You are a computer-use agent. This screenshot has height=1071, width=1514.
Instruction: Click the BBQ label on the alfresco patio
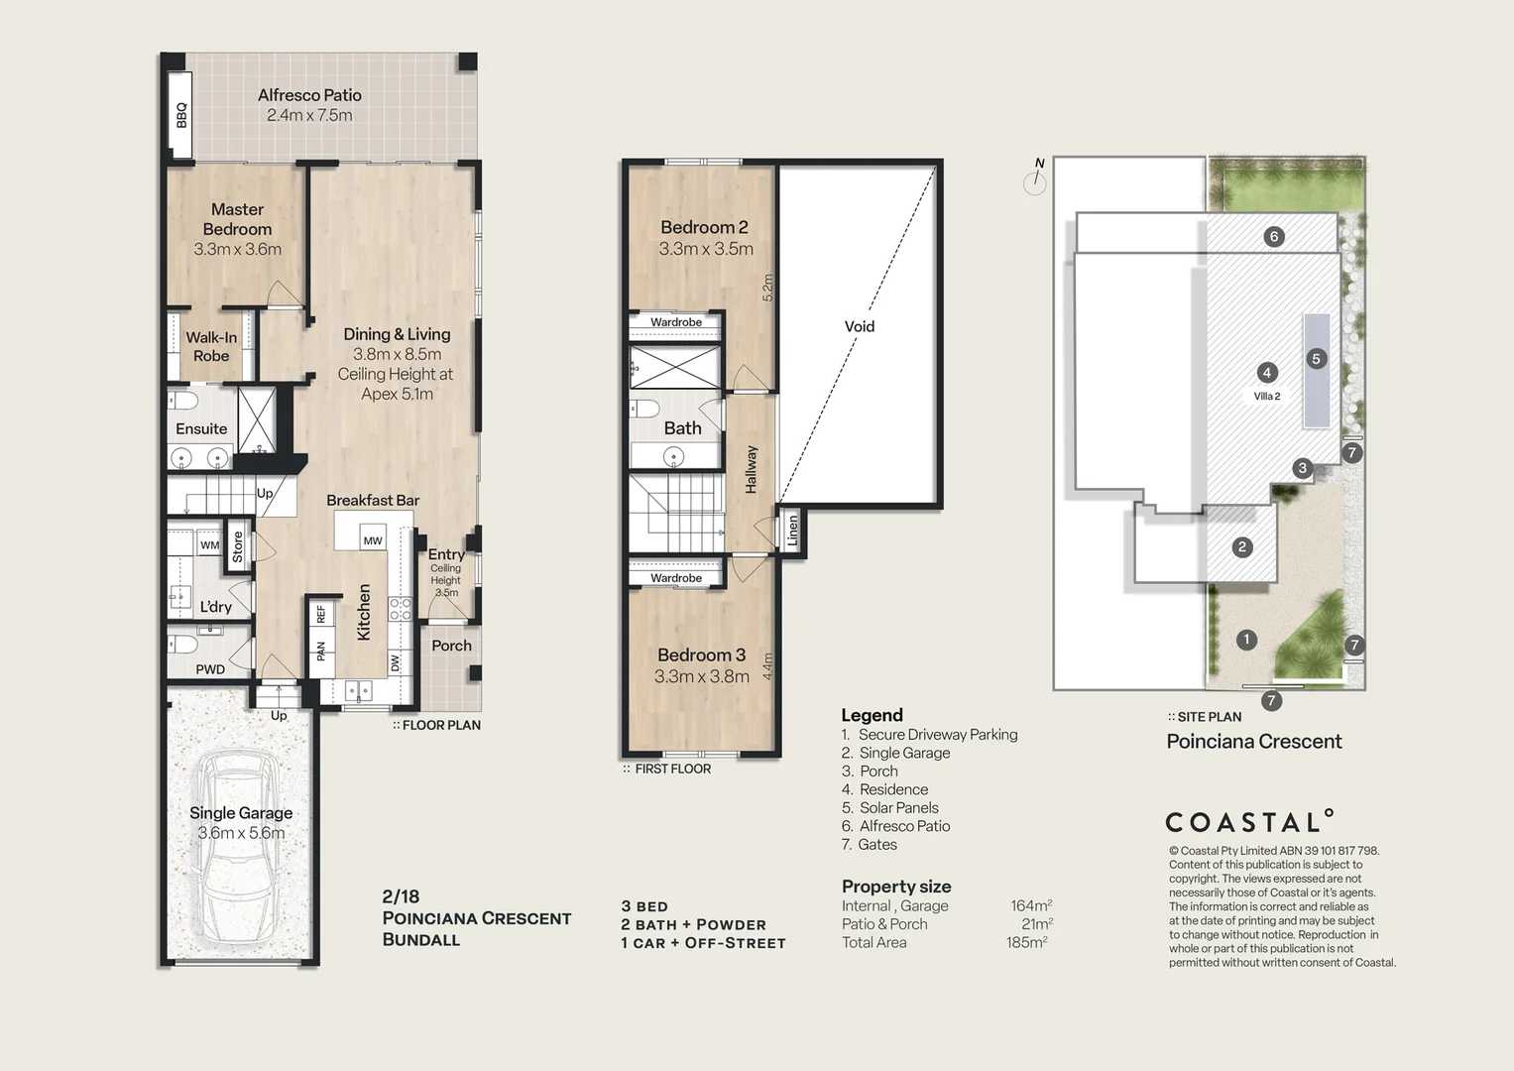pyautogui.click(x=181, y=115)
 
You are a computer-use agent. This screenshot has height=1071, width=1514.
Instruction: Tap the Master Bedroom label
pyautogui.click(x=237, y=219)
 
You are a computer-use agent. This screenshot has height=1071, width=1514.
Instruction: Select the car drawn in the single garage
pyautogui.click(x=237, y=848)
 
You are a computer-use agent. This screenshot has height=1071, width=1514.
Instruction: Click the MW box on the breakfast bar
pyautogui.click(x=373, y=540)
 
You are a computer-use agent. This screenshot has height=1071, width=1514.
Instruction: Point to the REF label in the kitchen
pyautogui.click(x=320, y=615)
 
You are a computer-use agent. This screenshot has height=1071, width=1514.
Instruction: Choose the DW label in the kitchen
pyautogui.click(x=395, y=662)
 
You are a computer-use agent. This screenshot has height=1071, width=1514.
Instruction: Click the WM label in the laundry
pyautogui.click(x=210, y=544)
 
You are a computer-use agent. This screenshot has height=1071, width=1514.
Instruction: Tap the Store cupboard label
pyautogui.click(x=238, y=547)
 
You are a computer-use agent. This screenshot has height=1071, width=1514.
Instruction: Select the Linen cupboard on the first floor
pyautogui.click(x=792, y=533)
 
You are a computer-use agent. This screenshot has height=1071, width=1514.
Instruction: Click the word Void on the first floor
pyautogui.click(x=860, y=326)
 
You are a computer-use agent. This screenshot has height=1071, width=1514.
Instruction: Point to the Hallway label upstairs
pyautogui.click(x=751, y=469)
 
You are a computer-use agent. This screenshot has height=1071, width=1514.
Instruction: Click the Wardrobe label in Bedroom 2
pyautogui.click(x=676, y=322)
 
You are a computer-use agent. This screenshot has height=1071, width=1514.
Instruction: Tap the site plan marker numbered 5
pyautogui.click(x=1316, y=359)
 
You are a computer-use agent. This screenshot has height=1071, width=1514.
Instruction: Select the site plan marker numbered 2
pyautogui.click(x=1242, y=546)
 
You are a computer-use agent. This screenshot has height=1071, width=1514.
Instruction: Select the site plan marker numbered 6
pyautogui.click(x=1274, y=236)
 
